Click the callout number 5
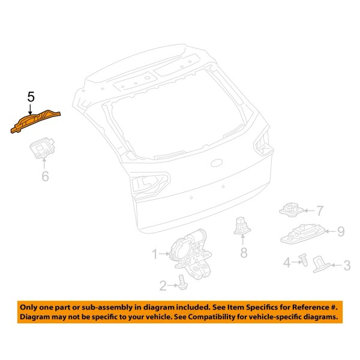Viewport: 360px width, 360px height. click(31, 96)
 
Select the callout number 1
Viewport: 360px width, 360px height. click(154, 254)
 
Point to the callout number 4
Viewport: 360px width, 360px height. click(287, 262)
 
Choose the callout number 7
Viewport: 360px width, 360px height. click(320, 211)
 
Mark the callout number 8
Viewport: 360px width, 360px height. click(244, 253)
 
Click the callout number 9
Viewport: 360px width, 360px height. click(340, 230)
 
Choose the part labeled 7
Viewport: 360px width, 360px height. click(291, 210)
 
